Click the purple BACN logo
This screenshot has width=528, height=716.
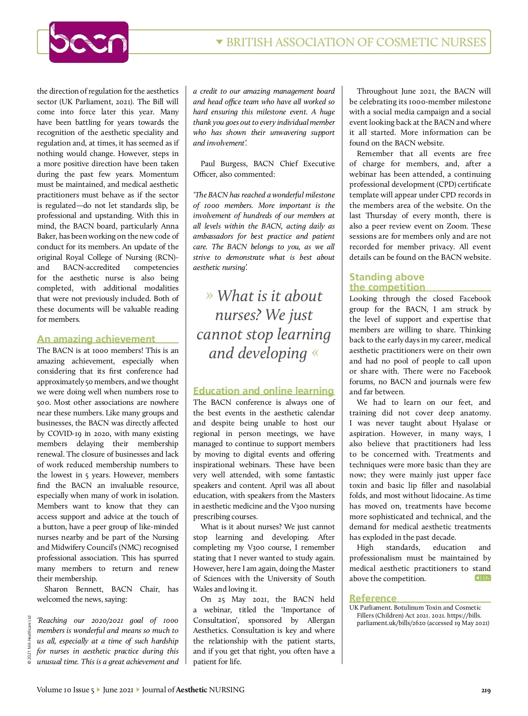click(x=88, y=42)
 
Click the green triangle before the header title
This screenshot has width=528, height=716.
click(x=220, y=42)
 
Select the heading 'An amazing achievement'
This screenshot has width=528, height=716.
click(x=96, y=339)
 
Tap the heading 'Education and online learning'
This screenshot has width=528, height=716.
click(x=264, y=391)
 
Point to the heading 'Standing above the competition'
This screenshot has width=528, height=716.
click(x=387, y=282)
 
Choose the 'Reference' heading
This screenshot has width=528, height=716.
click(x=373, y=598)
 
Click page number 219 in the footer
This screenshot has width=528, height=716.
click(x=486, y=690)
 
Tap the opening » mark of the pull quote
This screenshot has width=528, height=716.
click(x=209, y=295)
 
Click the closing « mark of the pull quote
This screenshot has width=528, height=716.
click(x=315, y=353)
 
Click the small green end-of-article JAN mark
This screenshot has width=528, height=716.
click(x=483, y=578)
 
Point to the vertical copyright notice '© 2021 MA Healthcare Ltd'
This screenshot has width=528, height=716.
click(x=29, y=640)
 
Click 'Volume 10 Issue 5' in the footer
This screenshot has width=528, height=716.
click(x=65, y=690)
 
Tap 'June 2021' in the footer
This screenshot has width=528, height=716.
click(x=118, y=690)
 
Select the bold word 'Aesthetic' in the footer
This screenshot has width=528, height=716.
click(x=191, y=690)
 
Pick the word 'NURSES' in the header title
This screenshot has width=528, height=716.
click(x=462, y=42)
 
